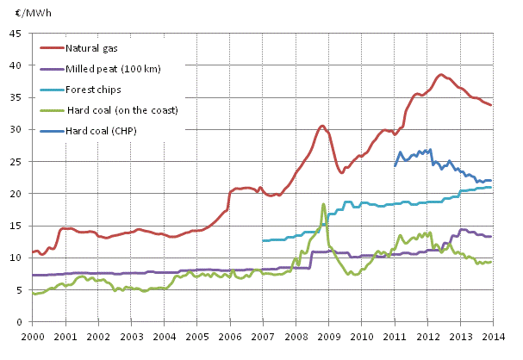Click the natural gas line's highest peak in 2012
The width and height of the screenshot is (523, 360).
click(x=441, y=74)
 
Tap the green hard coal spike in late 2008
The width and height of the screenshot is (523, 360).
click(x=323, y=204)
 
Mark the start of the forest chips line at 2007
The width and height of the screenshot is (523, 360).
click(x=263, y=240)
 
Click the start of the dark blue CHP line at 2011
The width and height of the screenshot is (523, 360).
click(x=395, y=165)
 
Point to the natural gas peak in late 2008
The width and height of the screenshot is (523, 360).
click(x=321, y=126)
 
